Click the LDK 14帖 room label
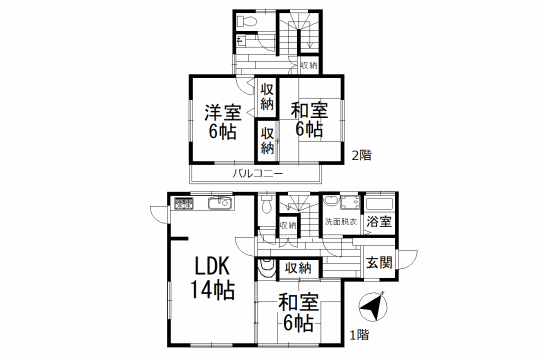tap(213, 278)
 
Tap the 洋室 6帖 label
tap(223, 122)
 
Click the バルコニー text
tap(257, 174)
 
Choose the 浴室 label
tap(379, 222)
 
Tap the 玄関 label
tap(379, 263)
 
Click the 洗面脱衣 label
tap(341, 222)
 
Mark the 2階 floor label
tap(361, 156)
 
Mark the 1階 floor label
tap(360, 335)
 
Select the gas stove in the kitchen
tap(184, 203)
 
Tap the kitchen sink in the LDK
tap(221, 203)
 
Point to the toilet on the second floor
tap(247, 22)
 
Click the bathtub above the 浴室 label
tap(379, 204)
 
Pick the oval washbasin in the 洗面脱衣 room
tap(332, 201)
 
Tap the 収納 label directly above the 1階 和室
tap(298, 268)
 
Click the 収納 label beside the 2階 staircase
tap(309, 65)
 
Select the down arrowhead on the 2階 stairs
tap(310, 45)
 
